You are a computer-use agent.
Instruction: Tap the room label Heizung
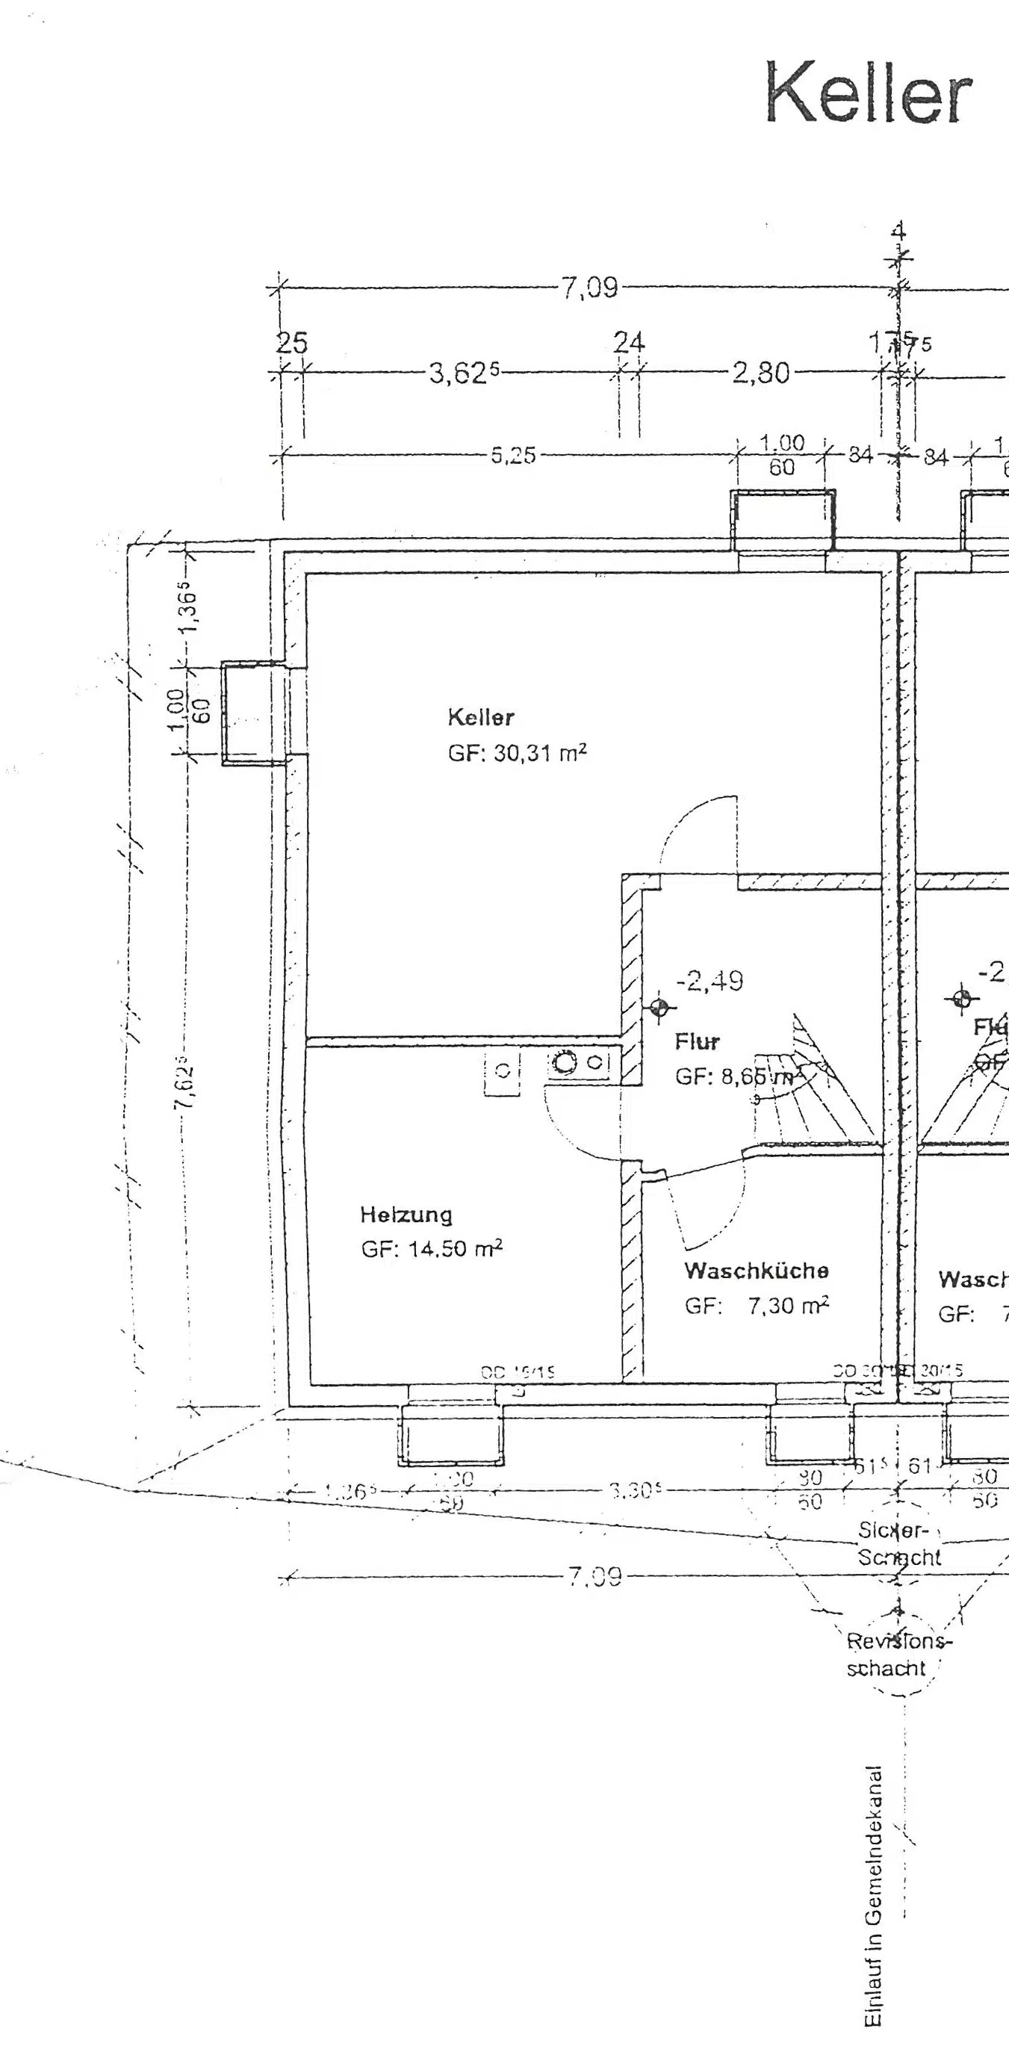tap(406, 1214)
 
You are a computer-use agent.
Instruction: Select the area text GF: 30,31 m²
tap(517, 752)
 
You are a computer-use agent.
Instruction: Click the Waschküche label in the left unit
tap(756, 1270)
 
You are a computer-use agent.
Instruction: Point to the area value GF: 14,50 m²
tap(432, 1248)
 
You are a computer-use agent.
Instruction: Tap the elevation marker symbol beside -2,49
tap(659, 1008)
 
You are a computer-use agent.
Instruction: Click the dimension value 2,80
tap(760, 373)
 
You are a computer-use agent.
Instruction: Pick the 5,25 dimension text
tap(513, 456)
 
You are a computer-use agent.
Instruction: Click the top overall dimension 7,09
tap(589, 287)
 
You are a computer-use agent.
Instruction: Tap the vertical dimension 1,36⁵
tap(189, 611)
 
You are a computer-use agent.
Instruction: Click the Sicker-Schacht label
tap(898, 1543)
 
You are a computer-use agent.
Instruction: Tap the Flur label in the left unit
tap(696, 1041)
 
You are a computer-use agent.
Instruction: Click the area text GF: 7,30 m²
tap(756, 1305)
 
